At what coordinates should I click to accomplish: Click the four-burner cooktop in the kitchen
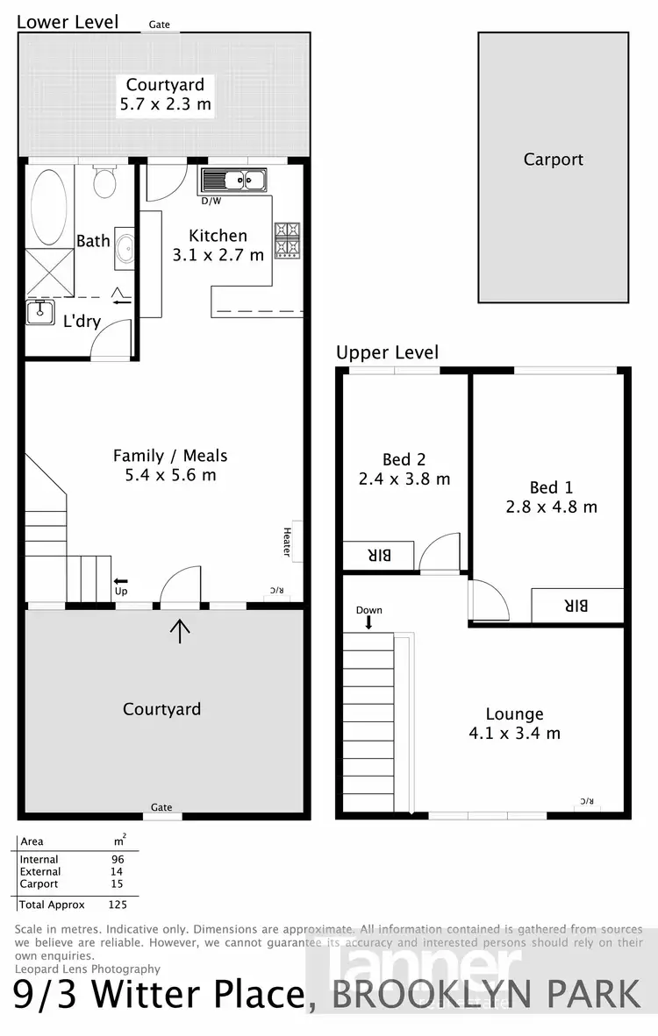pyautogui.click(x=288, y=240)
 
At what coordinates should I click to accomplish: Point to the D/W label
pyautogui.click(x=211, y=201)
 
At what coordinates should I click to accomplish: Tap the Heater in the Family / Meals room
pyautogui.click(x=288, y=540)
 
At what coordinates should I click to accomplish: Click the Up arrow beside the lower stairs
pyautogui.click(x=120, y=580)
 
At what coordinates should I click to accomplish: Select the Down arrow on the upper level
pyautogui.click(x=368, y=621)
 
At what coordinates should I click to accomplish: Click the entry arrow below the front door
pyautogui.click(x=180, y=630)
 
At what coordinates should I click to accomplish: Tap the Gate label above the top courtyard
pyautogui.click(x=160, y=25)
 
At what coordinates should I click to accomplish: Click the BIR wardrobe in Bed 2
pyautogui.click(x=377, y=555)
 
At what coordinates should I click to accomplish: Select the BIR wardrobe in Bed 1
pyautogui.click(x=576, y=605)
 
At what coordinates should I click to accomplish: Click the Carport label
pyautogui.click(x=553, y=160)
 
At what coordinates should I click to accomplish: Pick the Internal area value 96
pyautogui.click(x=118, y=860)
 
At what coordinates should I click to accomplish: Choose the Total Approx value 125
pyautogui.click(x=118, y=904)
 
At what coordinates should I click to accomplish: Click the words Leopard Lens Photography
pyautogui.click(x=88, y=969)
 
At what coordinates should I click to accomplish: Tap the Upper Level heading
pyautogui.click(x=387, y=352)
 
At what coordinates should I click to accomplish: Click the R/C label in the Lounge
pyautogui.click(x=586, y=801)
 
